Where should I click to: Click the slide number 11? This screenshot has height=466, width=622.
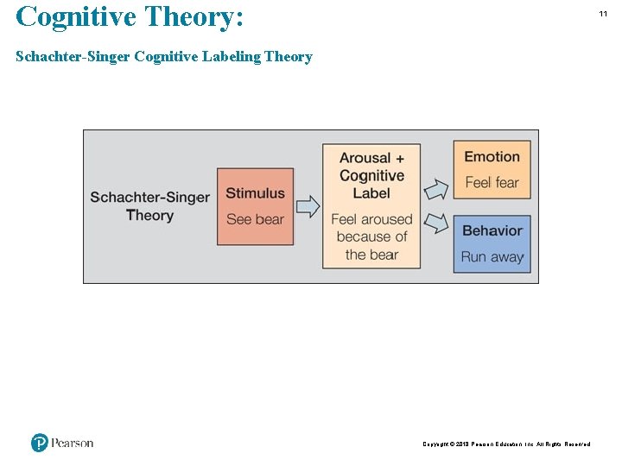[x=604, y=15]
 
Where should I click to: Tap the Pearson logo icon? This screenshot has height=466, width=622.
[x=40, y=443]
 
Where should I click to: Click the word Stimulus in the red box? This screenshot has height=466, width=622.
[x=255, y=193]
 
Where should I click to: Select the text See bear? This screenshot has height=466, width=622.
[x=255, y=219]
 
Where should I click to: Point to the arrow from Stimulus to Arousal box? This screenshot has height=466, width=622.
[x=308, y=206]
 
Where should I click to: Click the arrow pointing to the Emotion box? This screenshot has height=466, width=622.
[x=436, y=188]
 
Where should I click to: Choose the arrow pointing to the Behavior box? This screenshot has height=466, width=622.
[x=436, y=224]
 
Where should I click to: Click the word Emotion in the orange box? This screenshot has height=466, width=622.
[x=492, y=157]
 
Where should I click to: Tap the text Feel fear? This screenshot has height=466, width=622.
[x=492, y=182]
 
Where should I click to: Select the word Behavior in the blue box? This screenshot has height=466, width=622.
[x=492, y=230]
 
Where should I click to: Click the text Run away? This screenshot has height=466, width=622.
[x=492, y=256]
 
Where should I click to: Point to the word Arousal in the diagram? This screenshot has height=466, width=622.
[x=365, y=158]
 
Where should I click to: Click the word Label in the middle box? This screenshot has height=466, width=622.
[x=371, y=193]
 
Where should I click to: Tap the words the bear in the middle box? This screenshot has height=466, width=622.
[x=371, y=255]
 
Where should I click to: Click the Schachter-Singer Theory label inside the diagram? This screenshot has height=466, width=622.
[x=149, y=205]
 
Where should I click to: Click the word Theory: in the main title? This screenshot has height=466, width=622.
[x=195, y=16]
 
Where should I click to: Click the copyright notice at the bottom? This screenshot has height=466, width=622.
[x=506, y=444]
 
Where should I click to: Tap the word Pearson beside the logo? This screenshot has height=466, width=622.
[x=72, y=443]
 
